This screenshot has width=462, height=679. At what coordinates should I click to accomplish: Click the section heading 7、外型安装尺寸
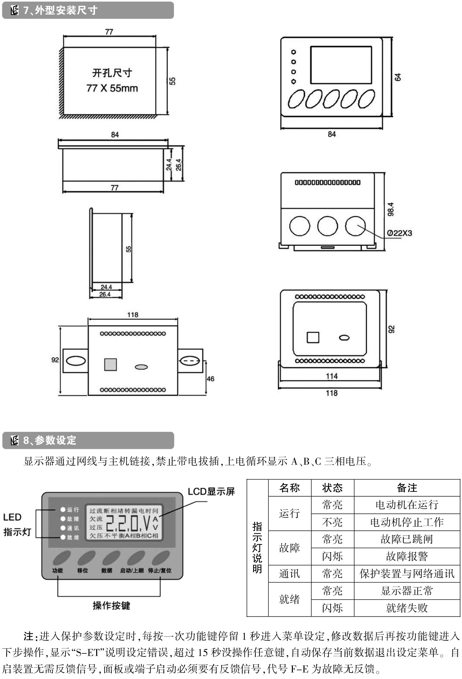tap(60, 10)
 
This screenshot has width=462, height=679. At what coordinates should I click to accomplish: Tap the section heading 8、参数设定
tap(50, 440)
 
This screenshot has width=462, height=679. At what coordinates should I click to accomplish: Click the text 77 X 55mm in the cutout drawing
tap(112, 88)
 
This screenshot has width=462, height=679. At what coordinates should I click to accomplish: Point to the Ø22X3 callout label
tap(399, 233)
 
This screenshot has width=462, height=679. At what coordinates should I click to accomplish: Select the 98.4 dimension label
tap(390, 209)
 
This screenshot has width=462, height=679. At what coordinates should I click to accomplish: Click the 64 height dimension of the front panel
tap(398, 77)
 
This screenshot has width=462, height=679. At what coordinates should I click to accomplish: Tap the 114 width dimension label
tap(332, 376)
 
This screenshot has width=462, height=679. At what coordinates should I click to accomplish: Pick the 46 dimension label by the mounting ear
tap(210, 379)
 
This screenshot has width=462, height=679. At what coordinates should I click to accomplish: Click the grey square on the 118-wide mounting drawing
tap(111, 364)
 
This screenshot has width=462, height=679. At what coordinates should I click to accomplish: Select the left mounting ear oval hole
tap(76, 360)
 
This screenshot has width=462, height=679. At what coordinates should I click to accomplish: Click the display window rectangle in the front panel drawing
tap(341, 65)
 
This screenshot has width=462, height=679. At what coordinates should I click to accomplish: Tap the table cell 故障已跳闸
tap(407, 539)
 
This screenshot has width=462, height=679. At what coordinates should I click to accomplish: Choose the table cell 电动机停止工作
tap(407, 522)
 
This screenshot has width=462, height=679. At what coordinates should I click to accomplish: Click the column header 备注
tap(407, 488)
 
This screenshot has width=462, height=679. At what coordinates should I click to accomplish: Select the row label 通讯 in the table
tap(289, 574)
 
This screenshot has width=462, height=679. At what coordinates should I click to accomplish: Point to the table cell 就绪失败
tap(407, 608)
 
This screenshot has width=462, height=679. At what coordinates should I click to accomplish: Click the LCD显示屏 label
tap(211, 491)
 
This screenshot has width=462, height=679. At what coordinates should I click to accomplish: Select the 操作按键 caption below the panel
tap(111, 606)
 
